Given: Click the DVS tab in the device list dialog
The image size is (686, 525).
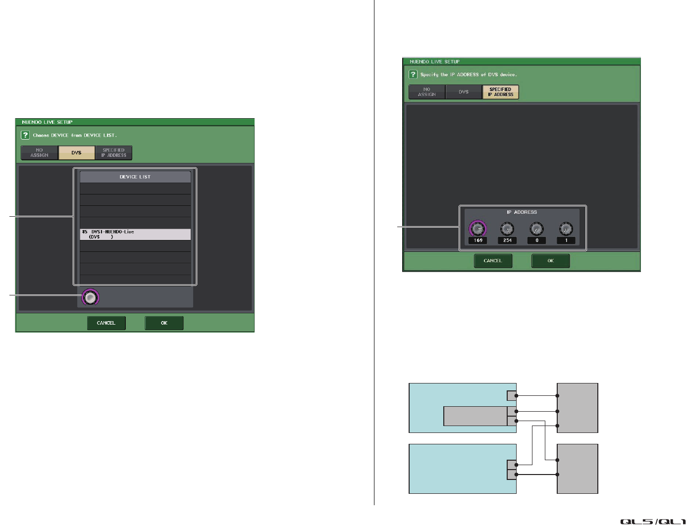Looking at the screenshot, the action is pos(76,153).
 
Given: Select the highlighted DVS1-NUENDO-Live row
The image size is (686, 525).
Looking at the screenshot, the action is pos(135,235).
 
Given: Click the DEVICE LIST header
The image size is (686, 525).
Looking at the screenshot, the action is pos(135,177).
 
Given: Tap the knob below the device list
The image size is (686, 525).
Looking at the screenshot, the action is pos(90,297).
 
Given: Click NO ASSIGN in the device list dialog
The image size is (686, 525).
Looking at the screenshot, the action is pos(40,153).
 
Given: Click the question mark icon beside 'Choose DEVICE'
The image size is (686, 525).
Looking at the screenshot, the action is pos(25,135).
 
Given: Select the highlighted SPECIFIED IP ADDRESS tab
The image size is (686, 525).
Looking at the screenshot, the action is pos(500,92).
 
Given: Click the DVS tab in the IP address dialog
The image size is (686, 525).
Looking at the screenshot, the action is pos(464,92).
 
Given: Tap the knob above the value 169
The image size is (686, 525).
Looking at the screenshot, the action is pos(477,229).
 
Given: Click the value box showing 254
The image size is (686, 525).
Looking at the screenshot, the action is pos(507,240).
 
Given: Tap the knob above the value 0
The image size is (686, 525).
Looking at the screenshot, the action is pos(536,229).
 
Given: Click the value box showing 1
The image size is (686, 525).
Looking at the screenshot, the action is pos(566,240).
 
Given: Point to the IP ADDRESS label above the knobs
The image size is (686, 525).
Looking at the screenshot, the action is pos(522,212).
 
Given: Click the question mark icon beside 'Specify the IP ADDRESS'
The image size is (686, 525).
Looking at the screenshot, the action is pos(413,74).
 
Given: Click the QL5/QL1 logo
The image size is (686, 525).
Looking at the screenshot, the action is pos(652,521).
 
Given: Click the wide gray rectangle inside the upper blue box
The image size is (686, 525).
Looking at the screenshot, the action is pos(475,416).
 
